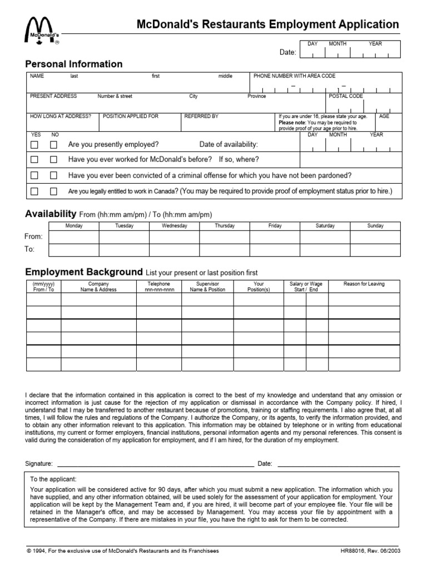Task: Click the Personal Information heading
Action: point(74,64)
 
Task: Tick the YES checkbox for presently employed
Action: point(34,145)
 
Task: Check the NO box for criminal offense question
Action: point(53,175)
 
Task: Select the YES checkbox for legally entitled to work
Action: point(34,191)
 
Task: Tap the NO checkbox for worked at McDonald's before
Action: point(53,160)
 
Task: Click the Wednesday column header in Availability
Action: point(174,225)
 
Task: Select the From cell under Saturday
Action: point(325,237)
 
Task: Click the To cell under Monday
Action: point(74,249)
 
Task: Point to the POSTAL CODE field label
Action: point(346,96)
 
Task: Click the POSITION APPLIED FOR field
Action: point(140,124)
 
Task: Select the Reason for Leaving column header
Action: point(364,284)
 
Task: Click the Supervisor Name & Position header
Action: point(207,287)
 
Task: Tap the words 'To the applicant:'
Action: point(53,479)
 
